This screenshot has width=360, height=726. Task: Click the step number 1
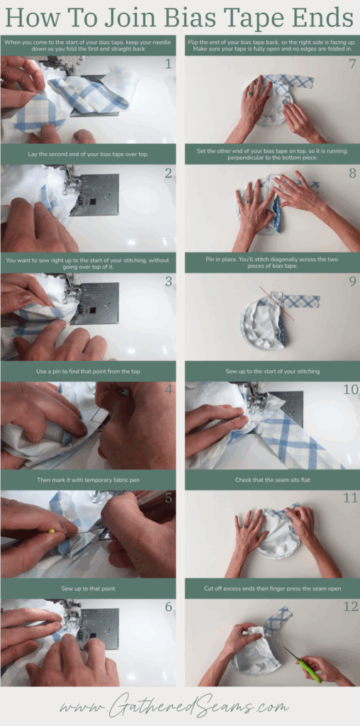pos(168,64)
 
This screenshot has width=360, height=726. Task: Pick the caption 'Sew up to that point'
pos(88,588)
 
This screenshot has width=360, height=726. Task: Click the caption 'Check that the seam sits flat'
pos(273,480)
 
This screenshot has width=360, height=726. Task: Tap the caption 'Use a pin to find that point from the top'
pos(88,371)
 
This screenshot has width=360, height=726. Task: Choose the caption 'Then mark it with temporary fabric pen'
pos(88,479)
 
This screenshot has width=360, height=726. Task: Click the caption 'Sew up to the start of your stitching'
pos(273,371)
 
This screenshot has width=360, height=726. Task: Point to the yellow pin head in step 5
pos(51,529)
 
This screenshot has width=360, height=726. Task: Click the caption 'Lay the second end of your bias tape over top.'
pos(88,153)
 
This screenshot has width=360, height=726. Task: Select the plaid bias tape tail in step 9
pos(301,301)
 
